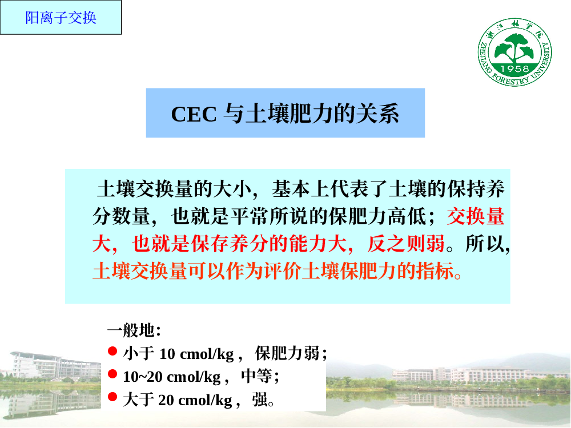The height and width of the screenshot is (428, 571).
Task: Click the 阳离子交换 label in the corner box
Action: point(61,18)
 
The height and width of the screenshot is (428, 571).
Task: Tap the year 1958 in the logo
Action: point(514,69)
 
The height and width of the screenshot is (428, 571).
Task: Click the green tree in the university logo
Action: point(514,48)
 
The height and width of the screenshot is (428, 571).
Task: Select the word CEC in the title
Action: point(194,114)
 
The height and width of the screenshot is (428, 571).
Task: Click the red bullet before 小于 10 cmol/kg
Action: point(112,351)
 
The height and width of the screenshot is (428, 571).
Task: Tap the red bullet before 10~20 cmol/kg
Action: point(112,374)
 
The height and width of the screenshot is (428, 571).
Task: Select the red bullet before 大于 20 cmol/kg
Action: point(112,397)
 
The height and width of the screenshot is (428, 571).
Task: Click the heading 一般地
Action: point(131,330)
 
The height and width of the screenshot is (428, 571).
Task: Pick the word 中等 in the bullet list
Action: point(256,376)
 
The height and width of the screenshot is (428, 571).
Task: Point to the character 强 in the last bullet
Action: point(260,399)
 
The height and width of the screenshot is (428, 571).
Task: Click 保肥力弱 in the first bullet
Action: point(287,353)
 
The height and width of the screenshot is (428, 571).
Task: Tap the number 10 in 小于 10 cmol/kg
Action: point(167,354)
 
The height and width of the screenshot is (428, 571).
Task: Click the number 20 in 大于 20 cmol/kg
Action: point(166,400)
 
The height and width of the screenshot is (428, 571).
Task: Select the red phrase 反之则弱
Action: point(406,244)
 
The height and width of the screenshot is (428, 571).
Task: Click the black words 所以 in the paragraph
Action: point(485,244)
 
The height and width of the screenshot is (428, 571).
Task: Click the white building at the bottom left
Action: point(55,366)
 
